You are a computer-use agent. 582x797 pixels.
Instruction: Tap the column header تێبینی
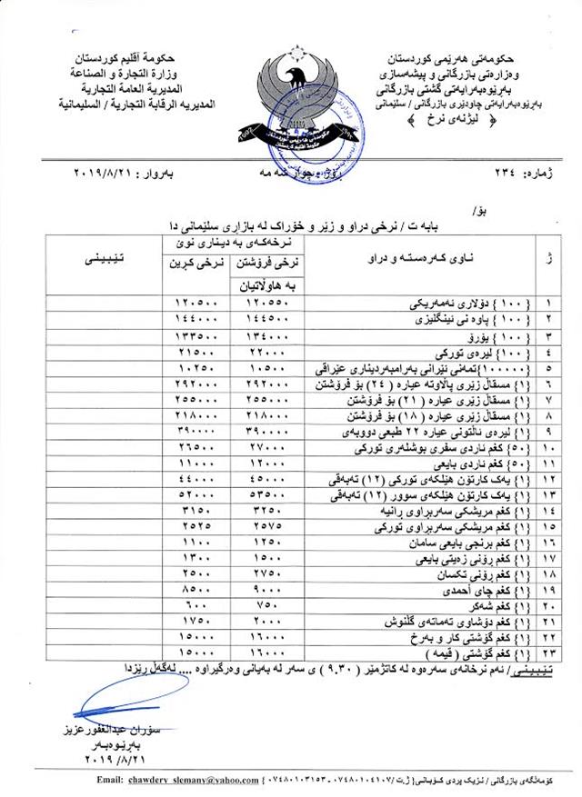coord(116,260)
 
